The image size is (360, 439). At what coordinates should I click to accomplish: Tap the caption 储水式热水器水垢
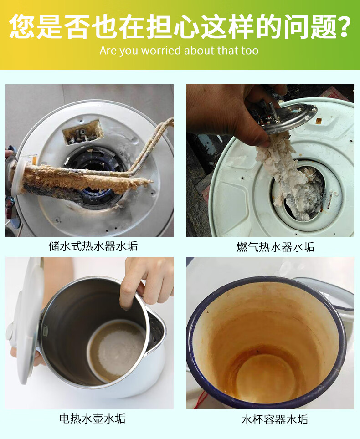[x=93, y=246]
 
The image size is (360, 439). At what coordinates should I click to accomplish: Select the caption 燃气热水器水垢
[x=275, y=247]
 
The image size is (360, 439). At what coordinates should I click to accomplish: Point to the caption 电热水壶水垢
[x=93, y=418]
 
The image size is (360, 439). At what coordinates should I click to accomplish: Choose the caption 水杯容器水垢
[x=275, y=419]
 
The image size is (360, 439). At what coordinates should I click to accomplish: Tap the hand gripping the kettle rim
[x=144, y=280]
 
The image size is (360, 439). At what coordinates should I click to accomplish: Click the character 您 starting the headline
[x=22, y=26]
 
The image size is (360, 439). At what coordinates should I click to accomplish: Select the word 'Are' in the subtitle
[x=108, y=51]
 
